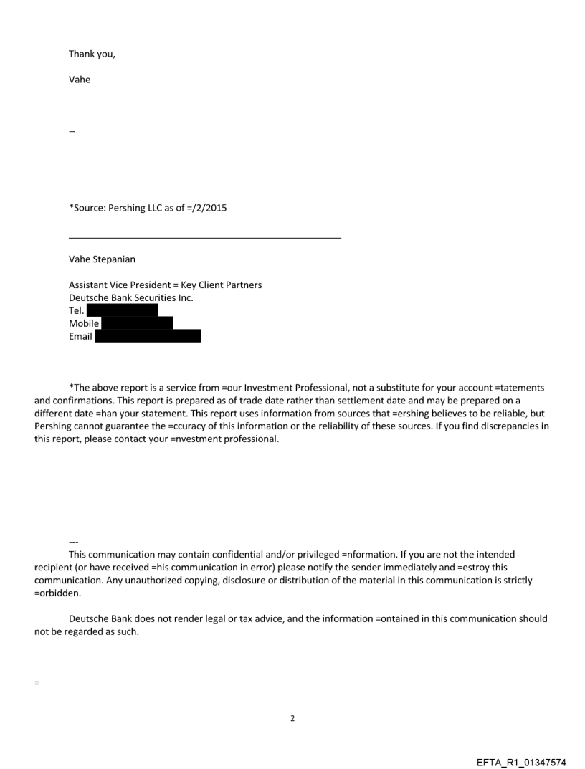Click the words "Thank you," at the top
click(92, 54)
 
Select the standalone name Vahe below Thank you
click(80, 80)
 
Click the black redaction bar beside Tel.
click(122, 310)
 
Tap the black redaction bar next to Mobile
click(137, 323)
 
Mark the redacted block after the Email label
click(148, 336)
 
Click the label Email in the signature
click(80, 336)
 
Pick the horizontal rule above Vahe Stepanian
click(205, 238)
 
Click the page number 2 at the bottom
click(292, 718)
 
